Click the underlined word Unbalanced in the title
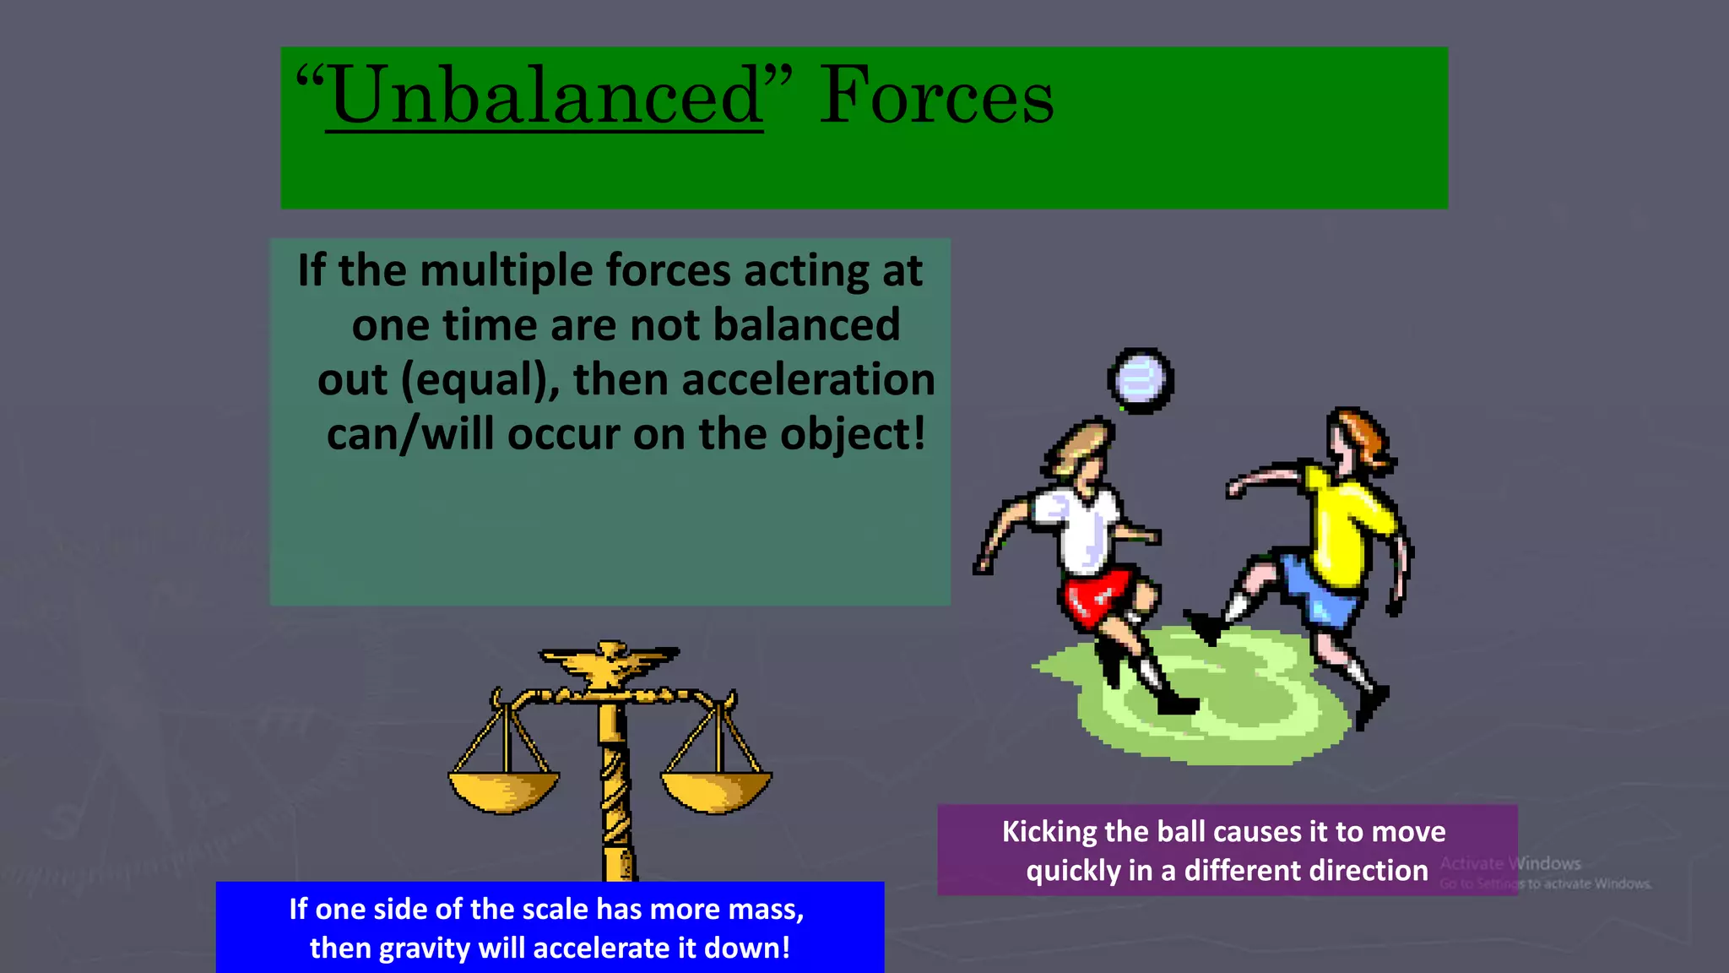(545, 97)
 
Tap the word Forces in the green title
(936, 97)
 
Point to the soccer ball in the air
(1140, 380)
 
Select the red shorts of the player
(1098, 598)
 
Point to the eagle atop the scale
(610, 663)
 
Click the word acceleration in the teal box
(808, 380)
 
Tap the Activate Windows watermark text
(1510, 863)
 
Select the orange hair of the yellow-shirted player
(1363, 435)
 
